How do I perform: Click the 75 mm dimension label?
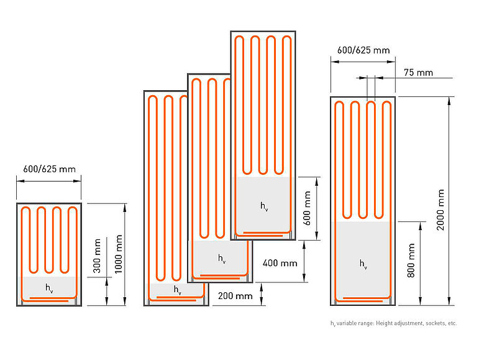pyautogui.click(x=417, y=73)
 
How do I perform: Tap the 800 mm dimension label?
pyautogui.click(x=411, y=262)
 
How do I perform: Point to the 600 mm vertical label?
pyautogui.click(x=306, y=208)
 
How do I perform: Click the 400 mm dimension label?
pyautogui.click(x=280, y=263)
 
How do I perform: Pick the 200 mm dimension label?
pyautogui.click(x=235, y=296)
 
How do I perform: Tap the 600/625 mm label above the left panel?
pyautogui.click(x=49, y=168)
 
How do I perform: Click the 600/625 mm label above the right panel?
pyautogui.click(x=363, y=50)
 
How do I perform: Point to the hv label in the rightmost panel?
pyautogui.click(x=363, y=264)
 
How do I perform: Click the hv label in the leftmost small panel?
pyautogui.click(x=49, y=287)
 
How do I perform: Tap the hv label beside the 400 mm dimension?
pyautogui.click(x=222, y=257)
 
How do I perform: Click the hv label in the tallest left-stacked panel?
pyautogui.click(x=178, y=290)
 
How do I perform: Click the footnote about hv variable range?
pyautogui.click(x=393, y=323)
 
